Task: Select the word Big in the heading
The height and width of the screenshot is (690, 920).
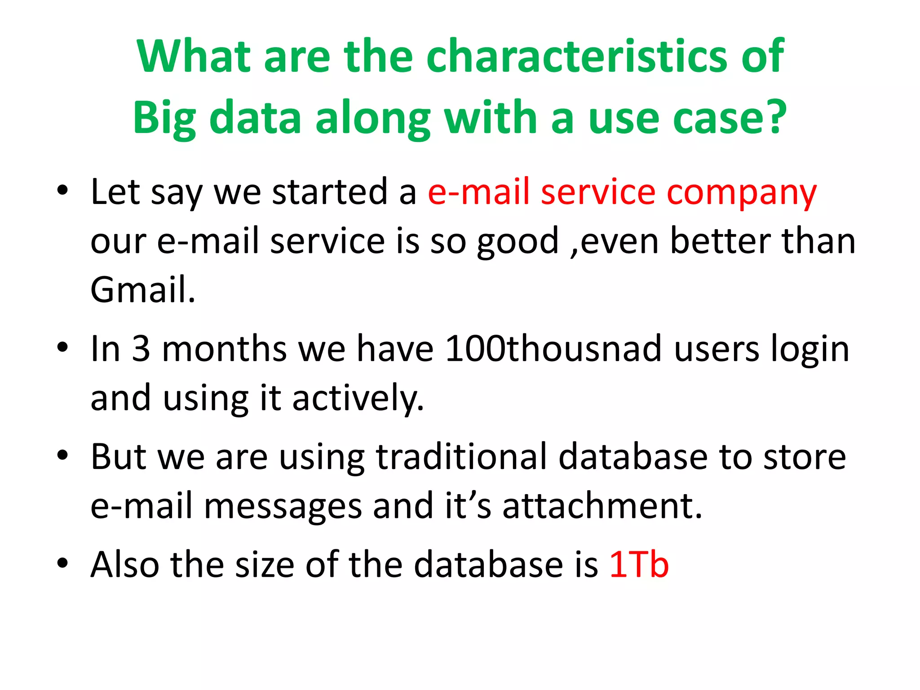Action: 164,118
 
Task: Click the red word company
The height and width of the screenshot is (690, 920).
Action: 741,192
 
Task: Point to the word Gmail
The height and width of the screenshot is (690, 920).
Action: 143,290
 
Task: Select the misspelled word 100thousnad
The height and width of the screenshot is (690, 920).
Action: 553,349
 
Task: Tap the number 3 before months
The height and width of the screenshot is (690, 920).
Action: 141,349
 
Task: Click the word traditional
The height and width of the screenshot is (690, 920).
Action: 461,457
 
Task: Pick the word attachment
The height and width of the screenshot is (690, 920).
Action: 602,506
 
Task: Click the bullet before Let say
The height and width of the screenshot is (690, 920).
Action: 62,191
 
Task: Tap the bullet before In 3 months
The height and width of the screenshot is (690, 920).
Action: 62,347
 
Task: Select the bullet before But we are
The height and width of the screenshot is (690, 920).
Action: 62,456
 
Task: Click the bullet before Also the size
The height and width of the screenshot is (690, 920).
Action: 62,563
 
